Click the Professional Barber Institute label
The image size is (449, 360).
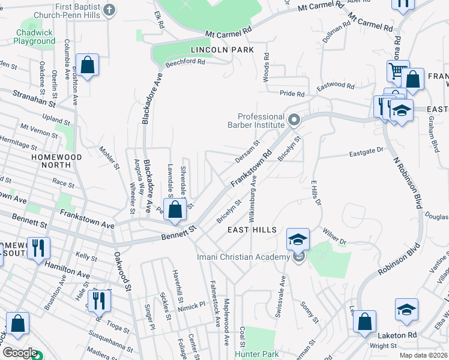[x=261, y=121]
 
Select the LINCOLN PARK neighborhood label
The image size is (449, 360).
[x=222, y=49]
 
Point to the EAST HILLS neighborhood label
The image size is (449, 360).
[x=252, y=230]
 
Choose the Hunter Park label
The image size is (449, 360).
[x=257, y=354]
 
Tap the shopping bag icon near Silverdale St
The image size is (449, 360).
[x=175, y=210]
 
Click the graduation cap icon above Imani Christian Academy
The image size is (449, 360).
[x=298, y=239]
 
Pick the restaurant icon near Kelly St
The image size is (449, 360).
[x=38, y=248]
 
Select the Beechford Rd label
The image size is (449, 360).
[x=185, y=62]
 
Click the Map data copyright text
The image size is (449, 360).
[x=423, y=355]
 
